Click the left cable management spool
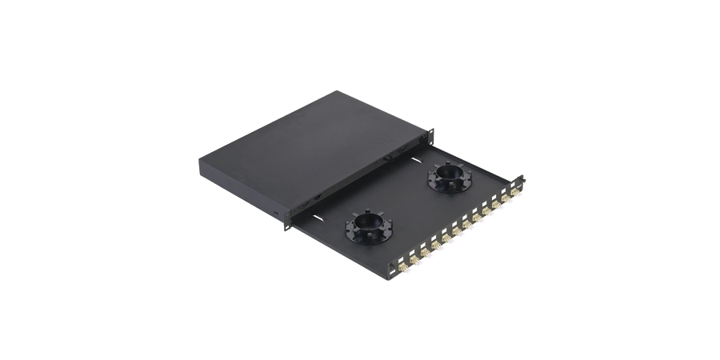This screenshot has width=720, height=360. [369, 229]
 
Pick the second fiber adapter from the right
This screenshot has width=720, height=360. [506, 196]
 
